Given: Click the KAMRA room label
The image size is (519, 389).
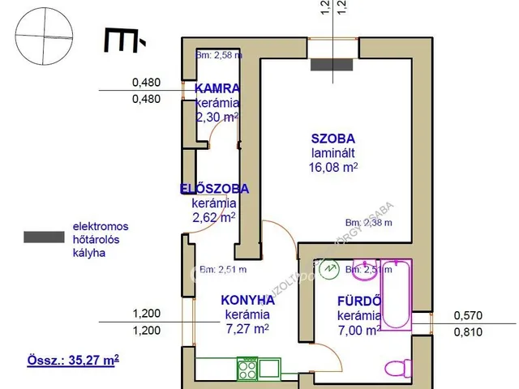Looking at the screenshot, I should (x=217, y=88).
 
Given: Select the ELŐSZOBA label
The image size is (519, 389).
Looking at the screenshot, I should (x=214, y=189).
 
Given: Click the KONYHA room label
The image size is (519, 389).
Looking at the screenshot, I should (x=248, y=300).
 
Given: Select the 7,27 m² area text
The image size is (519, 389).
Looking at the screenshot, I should (x=247, y=329).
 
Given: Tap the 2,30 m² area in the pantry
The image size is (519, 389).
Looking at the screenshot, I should (x=217, y=117).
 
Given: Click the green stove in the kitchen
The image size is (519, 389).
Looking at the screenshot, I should (x=247, y=370).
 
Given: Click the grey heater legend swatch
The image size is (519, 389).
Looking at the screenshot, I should (x=44, y=237).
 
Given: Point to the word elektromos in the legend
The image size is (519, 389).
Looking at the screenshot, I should (x=101, y=226).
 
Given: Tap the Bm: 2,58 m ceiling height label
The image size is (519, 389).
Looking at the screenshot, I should (x=220, y=55).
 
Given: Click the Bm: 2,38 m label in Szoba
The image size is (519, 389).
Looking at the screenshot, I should (x=368, y=223).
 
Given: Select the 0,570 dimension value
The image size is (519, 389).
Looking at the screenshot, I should (x=468, y=316).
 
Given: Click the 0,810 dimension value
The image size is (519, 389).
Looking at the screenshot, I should (x=468, y=331).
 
